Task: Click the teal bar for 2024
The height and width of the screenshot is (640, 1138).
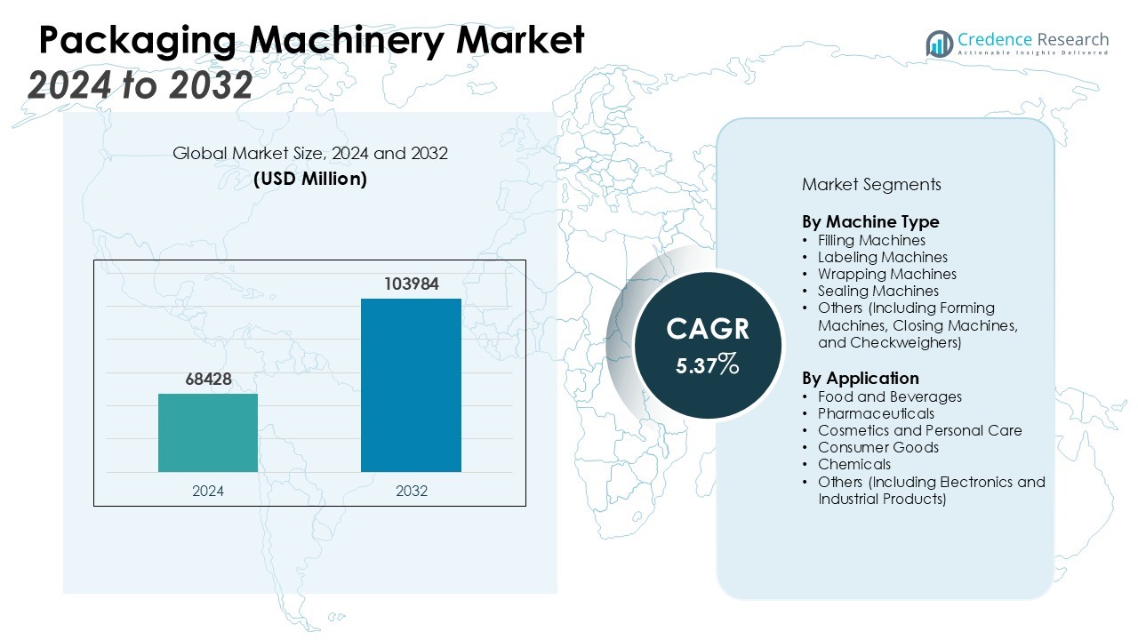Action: pyautogui.click(x=208, y=433)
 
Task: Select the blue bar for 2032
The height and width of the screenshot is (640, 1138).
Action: pyautogui.click(x=411, y=385)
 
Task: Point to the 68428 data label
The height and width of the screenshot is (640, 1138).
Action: pyautogui.click(x=208, y=380)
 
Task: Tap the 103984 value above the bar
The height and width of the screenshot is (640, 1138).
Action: pyautogui.click(x=412, y=284)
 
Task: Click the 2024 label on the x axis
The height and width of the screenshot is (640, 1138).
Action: pyautogui.click(x=208, y=491)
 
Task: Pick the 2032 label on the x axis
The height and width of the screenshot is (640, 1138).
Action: pyautogui.click(x=411, y=491)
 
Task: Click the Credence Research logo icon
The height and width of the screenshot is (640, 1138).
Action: pyautogui.click(x=939, y=44)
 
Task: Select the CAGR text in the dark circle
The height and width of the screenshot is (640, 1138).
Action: pyautogui.click(x=708, y=330)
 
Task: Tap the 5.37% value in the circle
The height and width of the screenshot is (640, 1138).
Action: pyautogui.click(x=707, y=364)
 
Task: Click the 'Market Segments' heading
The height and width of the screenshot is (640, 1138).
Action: pyautogui.click(x=871, y=185)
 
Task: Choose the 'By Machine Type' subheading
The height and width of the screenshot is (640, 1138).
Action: pyautogui.click(x=870, y=221)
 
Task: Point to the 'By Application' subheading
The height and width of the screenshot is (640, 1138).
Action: pyautogui.click(x=861, y=378)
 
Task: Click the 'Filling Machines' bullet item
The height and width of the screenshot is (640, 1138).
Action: pyautogui.click(x=871, y=240)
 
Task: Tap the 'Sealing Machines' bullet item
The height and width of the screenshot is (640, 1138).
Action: pyautogui.click(x=878, y=291)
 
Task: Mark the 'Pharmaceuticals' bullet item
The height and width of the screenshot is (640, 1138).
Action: pyautogui.click(x=876, y=413)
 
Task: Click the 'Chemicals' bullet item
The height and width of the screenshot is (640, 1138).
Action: pyautogui.click(x=854, y=464)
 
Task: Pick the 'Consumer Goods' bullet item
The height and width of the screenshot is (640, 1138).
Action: pyautogui.click(x=878, y=447)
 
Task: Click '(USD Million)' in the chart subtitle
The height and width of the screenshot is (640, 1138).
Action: pyautogui.click(x=309, y=179)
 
